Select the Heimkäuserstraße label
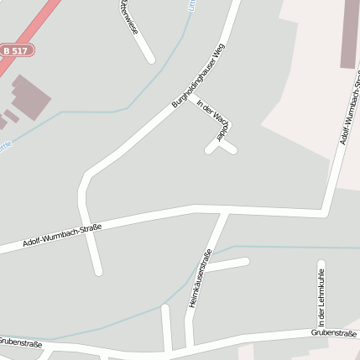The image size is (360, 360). pos(198,277)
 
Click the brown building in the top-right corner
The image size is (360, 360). pos(350,34)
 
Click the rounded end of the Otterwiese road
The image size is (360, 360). pos(150,59)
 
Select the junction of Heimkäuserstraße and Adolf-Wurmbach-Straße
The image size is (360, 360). pos(224,211)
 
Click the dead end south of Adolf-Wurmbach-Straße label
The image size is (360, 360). pos(98,271)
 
